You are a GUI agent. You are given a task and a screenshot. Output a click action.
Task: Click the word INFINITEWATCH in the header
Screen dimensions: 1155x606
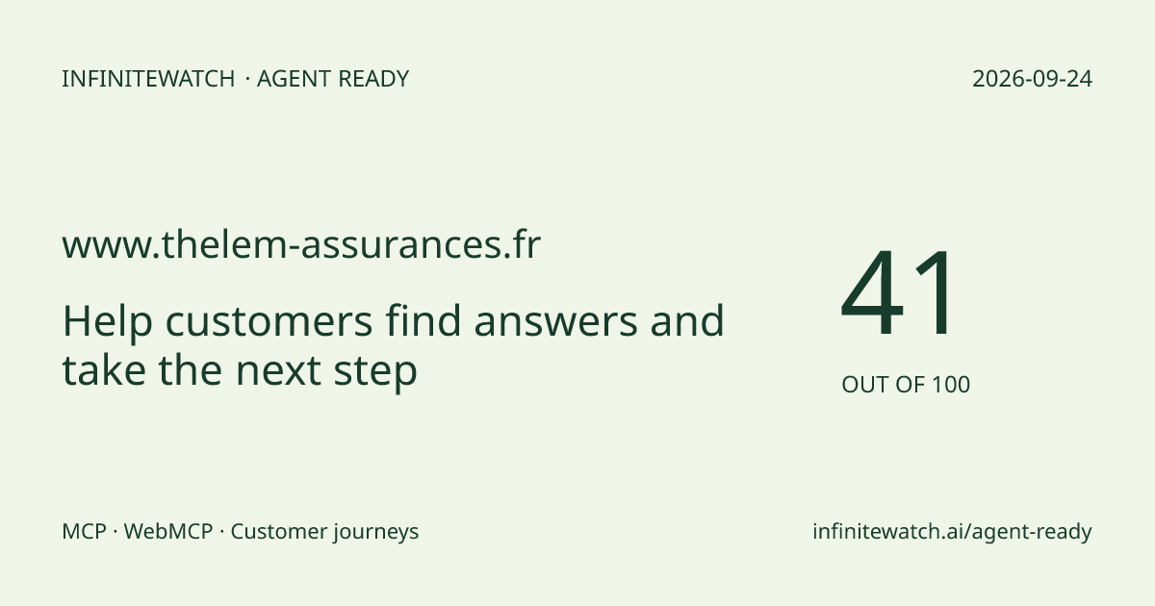[x=148, y=79]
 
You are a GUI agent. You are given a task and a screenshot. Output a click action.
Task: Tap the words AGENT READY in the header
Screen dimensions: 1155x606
[x=333, y=79]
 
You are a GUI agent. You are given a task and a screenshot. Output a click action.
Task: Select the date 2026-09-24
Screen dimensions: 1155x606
[x=1032, y=79]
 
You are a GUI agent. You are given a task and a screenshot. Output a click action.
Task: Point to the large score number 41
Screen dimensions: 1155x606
[x=898, y=291]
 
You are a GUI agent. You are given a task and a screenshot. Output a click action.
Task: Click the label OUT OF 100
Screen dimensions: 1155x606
[x=906, y=385]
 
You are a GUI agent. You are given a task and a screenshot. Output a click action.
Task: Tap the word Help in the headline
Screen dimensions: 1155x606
[x=107, y=321]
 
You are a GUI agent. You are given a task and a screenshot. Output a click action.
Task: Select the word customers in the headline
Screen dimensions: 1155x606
[x=269, y=322]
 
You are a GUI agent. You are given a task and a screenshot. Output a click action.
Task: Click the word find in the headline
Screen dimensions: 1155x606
[x=423, y=320]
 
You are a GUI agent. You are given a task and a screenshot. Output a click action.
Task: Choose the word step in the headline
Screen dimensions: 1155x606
[x=375, y=370]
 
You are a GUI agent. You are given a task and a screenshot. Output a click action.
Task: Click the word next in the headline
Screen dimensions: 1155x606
[x=278, y=371]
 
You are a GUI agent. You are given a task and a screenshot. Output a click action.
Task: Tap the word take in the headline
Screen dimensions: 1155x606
[x=104, y=369]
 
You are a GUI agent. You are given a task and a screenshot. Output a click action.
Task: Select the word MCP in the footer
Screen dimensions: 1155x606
[x=84, y=531]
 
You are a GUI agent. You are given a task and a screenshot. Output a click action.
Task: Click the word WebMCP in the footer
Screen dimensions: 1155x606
[x=168, y=531]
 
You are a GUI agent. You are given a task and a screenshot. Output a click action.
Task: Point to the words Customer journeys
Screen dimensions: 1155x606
[x=324, y=532]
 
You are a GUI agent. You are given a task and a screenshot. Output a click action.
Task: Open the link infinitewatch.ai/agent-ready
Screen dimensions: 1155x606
[x=952, y=532]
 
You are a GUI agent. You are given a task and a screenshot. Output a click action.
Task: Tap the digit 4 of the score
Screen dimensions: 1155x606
[x=872, y=291]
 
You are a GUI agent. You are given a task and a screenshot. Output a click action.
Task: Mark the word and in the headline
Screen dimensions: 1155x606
[x=687, y=320]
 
